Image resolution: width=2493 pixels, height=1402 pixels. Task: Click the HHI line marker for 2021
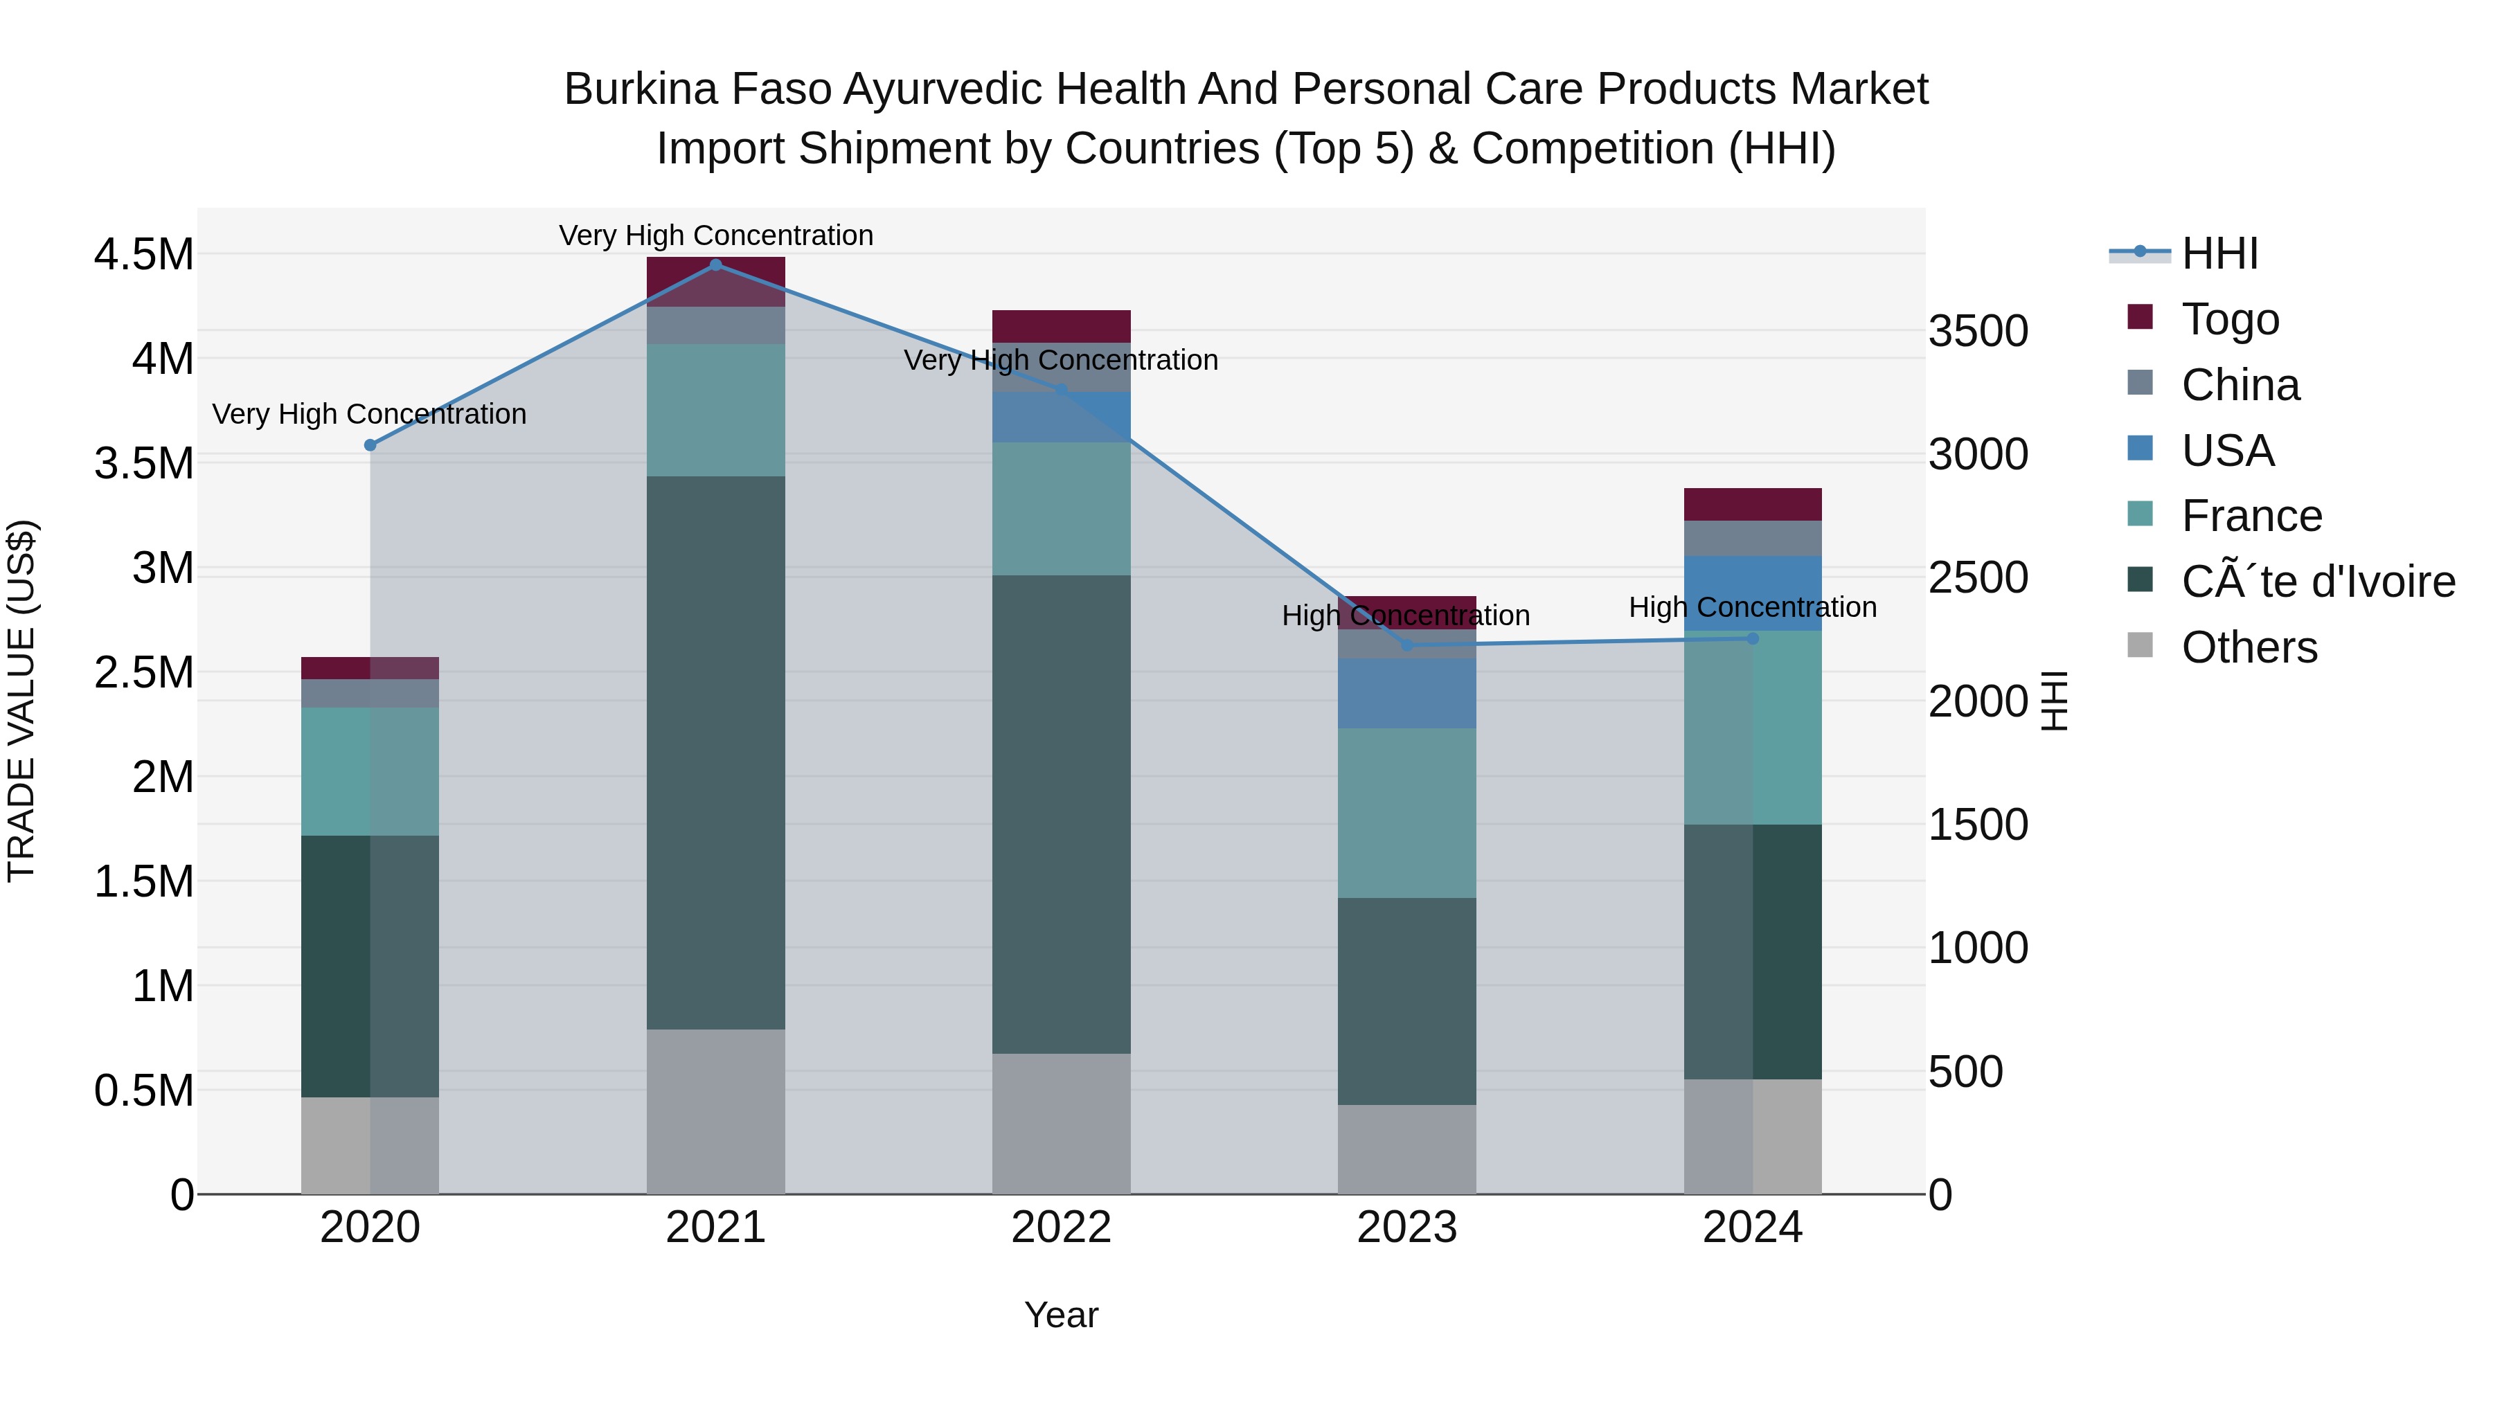tap(715, 264)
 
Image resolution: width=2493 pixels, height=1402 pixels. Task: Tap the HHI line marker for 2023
tap(1407, 645)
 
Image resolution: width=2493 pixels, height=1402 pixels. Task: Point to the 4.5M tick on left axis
tap(143, 255)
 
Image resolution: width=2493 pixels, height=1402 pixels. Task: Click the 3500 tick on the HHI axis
tap(1977, 332)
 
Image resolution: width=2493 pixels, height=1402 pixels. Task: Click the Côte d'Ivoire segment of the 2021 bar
tap(715, 752)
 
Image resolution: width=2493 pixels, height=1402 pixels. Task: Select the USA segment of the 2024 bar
tap(1752, 593)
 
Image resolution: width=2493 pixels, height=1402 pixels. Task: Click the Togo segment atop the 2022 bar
tap(1061, 326)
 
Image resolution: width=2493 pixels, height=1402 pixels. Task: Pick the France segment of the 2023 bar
tap(1407, 813)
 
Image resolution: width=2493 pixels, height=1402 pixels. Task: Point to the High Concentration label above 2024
tap(1752, 608)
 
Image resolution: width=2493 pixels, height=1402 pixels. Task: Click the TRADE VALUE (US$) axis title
tap(21, 701)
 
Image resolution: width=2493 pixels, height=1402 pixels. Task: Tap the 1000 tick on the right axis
tap(1977, 949)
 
